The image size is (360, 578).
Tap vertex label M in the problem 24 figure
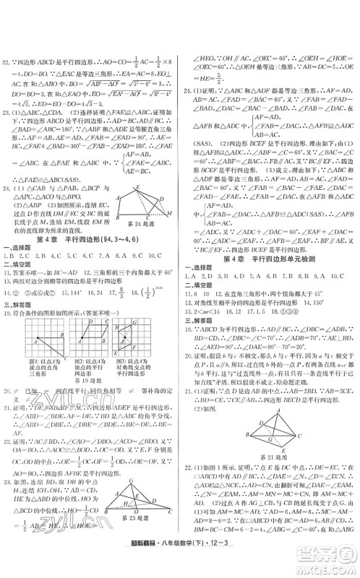click(x=169, y=213)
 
